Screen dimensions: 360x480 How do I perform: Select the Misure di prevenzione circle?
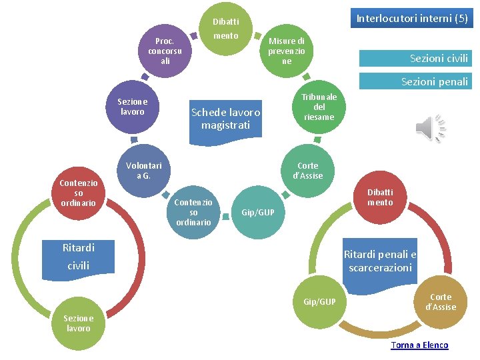[x=286, y=51]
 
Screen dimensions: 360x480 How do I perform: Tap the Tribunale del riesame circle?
[x=319, y=107]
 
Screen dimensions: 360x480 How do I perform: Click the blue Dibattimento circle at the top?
[x=225, y=29]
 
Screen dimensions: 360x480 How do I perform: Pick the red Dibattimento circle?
[x=380, y=197]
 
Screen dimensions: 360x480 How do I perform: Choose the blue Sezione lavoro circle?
[x=132, y=107]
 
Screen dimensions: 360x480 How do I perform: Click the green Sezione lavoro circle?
[x=79, y=323]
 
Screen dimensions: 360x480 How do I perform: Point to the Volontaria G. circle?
[x=143, y=171]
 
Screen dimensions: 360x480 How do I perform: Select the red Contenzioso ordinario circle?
[x=79, y=193]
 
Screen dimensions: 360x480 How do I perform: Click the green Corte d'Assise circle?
[x=307, y=171]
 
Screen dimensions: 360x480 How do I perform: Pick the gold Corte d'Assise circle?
[x=440, y=302]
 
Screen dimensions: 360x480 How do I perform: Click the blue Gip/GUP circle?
[x=319, y=302]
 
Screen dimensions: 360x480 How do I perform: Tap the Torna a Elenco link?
[x=419, y=345]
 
